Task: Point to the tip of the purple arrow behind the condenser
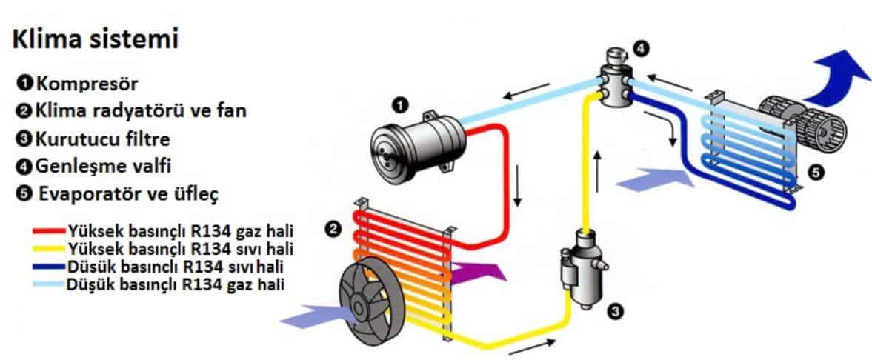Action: [507, 276]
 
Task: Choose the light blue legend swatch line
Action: [50, 285]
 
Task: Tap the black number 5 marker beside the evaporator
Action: [814, 173]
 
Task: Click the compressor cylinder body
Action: [418, 144]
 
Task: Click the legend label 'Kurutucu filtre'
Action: [102, 139]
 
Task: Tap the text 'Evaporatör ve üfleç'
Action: [128, 195]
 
